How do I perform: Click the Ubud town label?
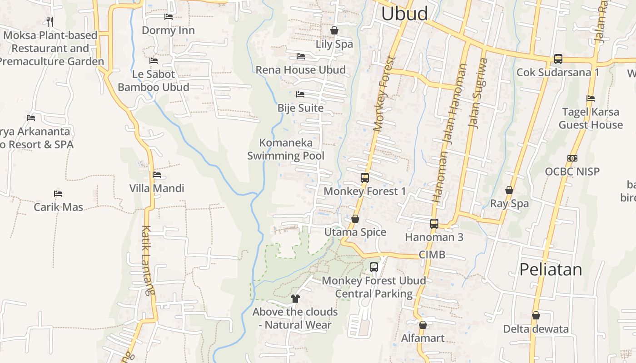[404, 14]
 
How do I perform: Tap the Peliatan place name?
[550, 270]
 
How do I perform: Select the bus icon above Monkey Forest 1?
[364, 178]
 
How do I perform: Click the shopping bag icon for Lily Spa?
[334, 30]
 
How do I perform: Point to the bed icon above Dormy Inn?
[168, 17]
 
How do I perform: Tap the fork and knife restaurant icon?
[50, 21]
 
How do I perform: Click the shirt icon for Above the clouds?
[295, 298]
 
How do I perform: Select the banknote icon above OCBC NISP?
[572, 158]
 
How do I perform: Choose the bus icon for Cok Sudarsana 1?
[558, 59]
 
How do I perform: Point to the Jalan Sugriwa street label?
[479, 93]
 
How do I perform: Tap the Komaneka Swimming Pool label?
[286, 149]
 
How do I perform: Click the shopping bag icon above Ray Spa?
[509, 190]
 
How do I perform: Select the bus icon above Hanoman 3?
[434, 224]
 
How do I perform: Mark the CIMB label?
[432, 255]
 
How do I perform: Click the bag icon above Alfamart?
[422, 325]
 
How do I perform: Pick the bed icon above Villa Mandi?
[157, 175]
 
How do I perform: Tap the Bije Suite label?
[300, 108]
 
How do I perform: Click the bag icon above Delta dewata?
[536, 315]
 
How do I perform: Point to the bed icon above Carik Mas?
[58, 194]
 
